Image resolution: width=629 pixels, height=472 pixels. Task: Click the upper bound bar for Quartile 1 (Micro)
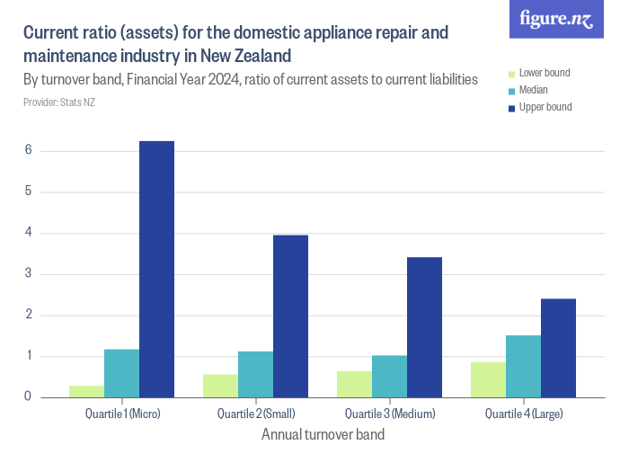[156, 269]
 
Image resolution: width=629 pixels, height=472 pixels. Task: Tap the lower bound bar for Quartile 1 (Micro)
[86, 391]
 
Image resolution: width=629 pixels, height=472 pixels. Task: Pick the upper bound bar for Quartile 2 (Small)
[290, 316]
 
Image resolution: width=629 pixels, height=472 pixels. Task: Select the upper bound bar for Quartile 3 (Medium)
[424, 327]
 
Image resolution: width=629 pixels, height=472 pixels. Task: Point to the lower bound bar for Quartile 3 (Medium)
[354, 384]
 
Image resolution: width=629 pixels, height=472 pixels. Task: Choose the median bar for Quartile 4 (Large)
[523, 366]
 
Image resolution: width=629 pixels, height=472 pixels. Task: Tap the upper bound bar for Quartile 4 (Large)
[558, 348]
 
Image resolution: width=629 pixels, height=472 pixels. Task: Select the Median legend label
[534, 90]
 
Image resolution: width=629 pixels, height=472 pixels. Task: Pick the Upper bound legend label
[545, 107]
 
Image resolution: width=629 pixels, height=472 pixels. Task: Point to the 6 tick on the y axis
[29, 150]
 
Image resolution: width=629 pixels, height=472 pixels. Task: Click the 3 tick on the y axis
[29, 273]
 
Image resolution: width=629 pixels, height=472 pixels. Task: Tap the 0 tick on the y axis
[29, 396]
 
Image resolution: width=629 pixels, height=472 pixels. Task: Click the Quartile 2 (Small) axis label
[256, 414]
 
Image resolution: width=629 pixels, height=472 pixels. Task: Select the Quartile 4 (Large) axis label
[524, 414]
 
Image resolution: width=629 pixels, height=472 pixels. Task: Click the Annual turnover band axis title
[323, 435]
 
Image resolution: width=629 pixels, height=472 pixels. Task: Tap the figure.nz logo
[556, 19]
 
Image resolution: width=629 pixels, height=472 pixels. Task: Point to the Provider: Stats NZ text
[58, 102]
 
